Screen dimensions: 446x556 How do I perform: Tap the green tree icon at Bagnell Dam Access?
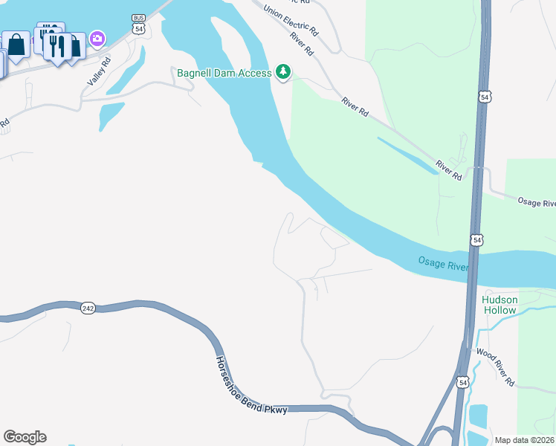tap(282, 71)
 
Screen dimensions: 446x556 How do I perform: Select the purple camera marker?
tap(97, 39)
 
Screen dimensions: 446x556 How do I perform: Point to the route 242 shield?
tap(88, 308)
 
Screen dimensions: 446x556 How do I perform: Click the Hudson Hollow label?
tap(500, 303)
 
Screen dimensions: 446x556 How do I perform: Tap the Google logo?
tap(25, 437)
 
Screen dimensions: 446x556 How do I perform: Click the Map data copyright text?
tap(525, 440)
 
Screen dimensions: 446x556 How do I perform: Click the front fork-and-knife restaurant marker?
tap(56, 46)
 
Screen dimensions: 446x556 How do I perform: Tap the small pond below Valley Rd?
tap(110, 114)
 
